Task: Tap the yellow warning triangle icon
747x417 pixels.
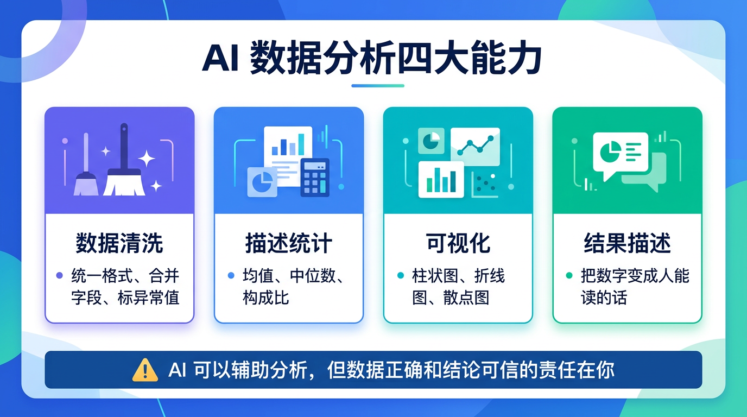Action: click(x=145, y=370)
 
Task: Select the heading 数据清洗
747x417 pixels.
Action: click(x=119, y=244)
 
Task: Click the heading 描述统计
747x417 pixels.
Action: click(x=288, y=244)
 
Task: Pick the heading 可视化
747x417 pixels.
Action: click(x=458, y=244)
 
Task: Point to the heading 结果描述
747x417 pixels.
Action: click(x=627, y=244)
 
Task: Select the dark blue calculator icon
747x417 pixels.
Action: click(x=315, y=177)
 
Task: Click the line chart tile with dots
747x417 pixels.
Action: click(x=475, y=146)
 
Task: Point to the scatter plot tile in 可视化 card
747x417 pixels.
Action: click(x=485, y=184)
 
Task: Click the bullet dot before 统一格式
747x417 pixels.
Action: click(x=60, y=276)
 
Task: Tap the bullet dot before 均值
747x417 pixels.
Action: click(x=231, y=276)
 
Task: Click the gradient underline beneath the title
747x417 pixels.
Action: click(x=378, y=86)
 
